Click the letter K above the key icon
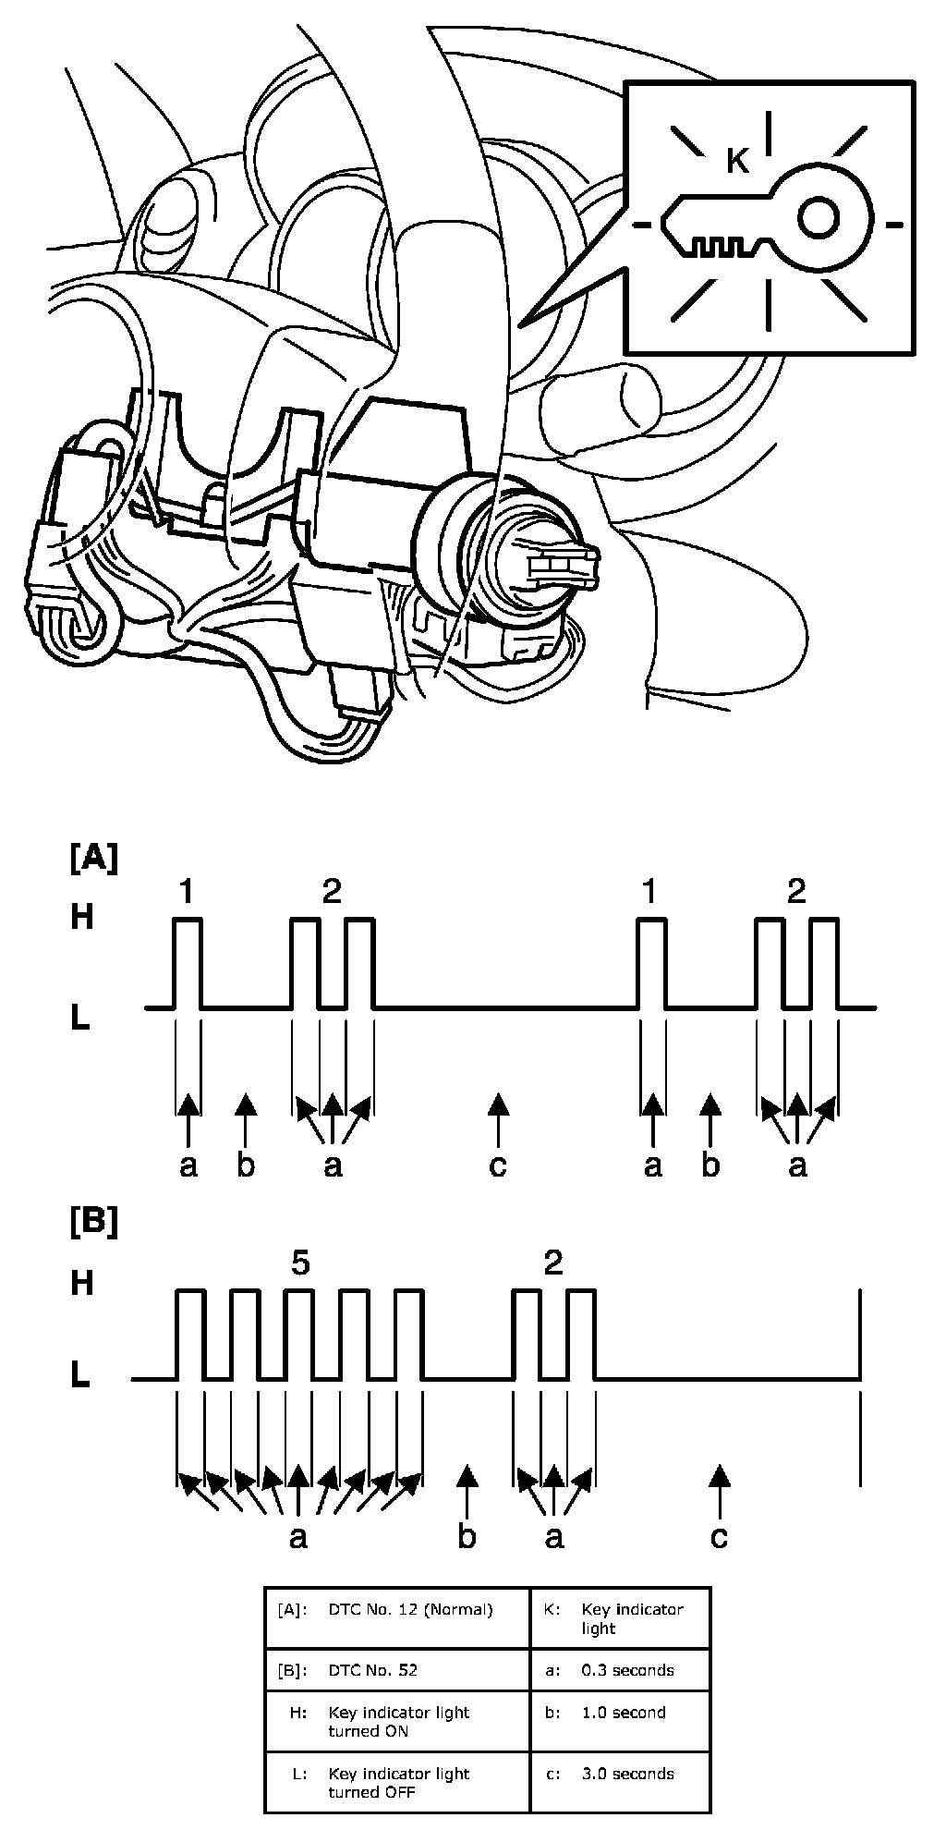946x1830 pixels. click(x=736, y=161)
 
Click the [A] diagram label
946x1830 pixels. click(x=93, y=858)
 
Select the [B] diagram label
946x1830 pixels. click(x=93, y=1222)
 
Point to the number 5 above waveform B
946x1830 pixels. click(x=300, y=1263)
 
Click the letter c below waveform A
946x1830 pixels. click(x=498, y=1166)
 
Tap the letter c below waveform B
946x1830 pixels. click(x=719, y=1536)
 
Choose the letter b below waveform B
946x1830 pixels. click(x=467, y=1536)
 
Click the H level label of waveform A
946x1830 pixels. click(x=82, y=918)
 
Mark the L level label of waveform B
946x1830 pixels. click(x=81, y=1377)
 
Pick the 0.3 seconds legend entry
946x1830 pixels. click(x=627, y=1670)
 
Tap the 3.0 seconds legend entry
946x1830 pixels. click(x=627, y=1774)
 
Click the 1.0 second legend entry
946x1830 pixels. click(x=624, y=1713)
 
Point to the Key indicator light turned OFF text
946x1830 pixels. click(x=398, y=1783)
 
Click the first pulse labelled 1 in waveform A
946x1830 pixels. click(x=188, y=961)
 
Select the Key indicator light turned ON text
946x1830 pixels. click(x=398, y=1721)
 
